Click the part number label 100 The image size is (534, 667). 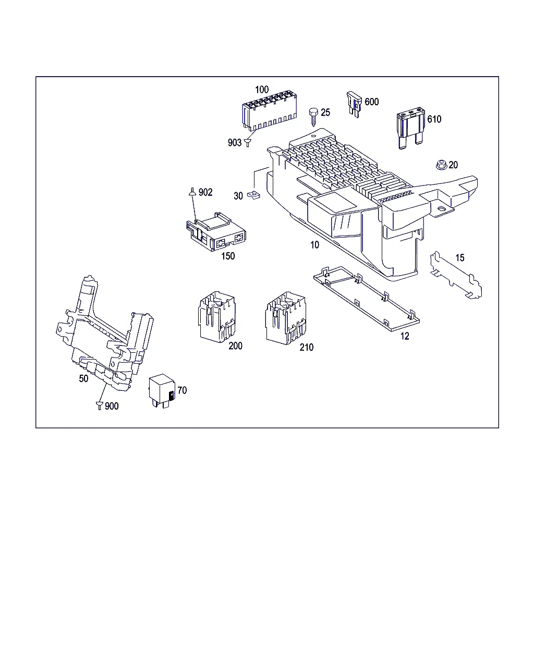click(262, 90)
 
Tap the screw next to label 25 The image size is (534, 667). click(314, 117)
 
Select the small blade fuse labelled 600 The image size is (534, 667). click(354, 104)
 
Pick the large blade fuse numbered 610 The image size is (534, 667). click(410, 128)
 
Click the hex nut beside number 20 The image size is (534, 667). click(441, 165)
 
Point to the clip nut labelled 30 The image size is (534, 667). click(253, 195)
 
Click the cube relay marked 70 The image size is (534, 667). click(162, 390)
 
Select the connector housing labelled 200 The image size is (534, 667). click(216, 317)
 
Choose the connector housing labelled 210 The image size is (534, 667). click(285, 318)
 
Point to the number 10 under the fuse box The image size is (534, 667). click(314, 245)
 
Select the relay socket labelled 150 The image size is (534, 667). click(216, 231)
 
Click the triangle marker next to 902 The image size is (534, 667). click(192, 192)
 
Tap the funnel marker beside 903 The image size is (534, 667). click(247, 143)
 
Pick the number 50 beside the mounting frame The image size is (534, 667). click(83, 378)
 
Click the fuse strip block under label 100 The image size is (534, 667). click(269, 110)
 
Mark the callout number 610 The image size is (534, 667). click(434, 119)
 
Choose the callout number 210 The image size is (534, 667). click(307, 348)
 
